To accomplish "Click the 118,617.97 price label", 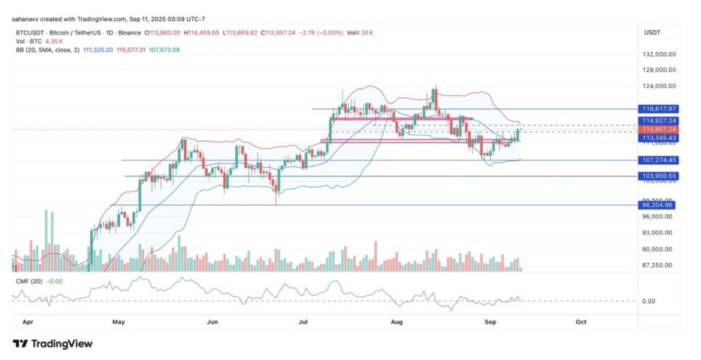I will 659,109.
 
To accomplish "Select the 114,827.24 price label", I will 659,120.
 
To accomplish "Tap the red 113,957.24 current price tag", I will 659,129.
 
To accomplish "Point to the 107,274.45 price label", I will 659,160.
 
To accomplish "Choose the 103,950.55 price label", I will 659,176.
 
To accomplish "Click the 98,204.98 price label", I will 659,205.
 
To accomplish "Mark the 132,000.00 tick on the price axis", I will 659,54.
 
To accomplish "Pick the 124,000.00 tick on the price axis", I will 659,86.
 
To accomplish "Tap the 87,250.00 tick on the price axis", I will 659,266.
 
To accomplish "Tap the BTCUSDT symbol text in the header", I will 29,32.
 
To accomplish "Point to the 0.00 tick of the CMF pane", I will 649,301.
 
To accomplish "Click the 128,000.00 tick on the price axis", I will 659,70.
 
